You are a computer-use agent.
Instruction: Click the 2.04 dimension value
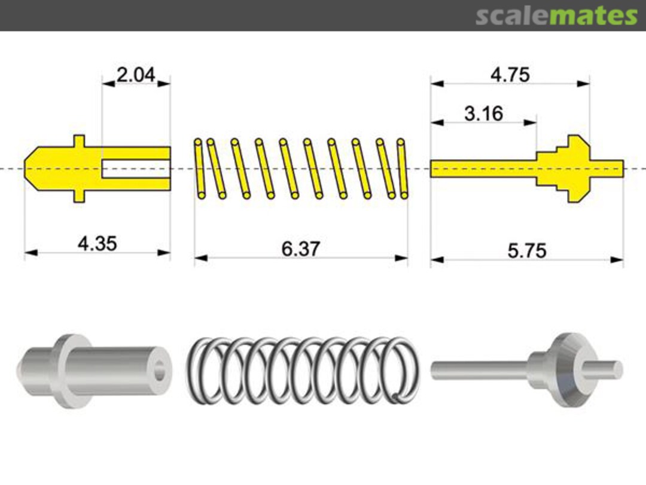pos(136,75)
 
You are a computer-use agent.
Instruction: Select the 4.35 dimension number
pos(97,244)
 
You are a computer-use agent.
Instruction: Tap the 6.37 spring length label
pos(301,249)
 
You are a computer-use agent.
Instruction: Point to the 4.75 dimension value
pos(510,75)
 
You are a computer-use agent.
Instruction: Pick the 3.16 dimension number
pos(483,114)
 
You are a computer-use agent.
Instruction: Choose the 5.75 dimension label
pos(527,250)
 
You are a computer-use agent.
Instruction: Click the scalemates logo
pos(556,16)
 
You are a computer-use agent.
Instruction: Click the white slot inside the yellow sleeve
pos(135,169)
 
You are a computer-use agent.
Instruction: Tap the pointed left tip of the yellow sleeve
pos(28,168)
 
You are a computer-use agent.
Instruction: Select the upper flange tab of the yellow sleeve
pos(79,141)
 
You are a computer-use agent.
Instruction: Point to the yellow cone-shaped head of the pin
pos(575,168)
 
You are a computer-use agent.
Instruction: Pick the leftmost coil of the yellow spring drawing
pos(199,168)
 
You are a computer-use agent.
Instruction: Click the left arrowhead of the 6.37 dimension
pos(200,258)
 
